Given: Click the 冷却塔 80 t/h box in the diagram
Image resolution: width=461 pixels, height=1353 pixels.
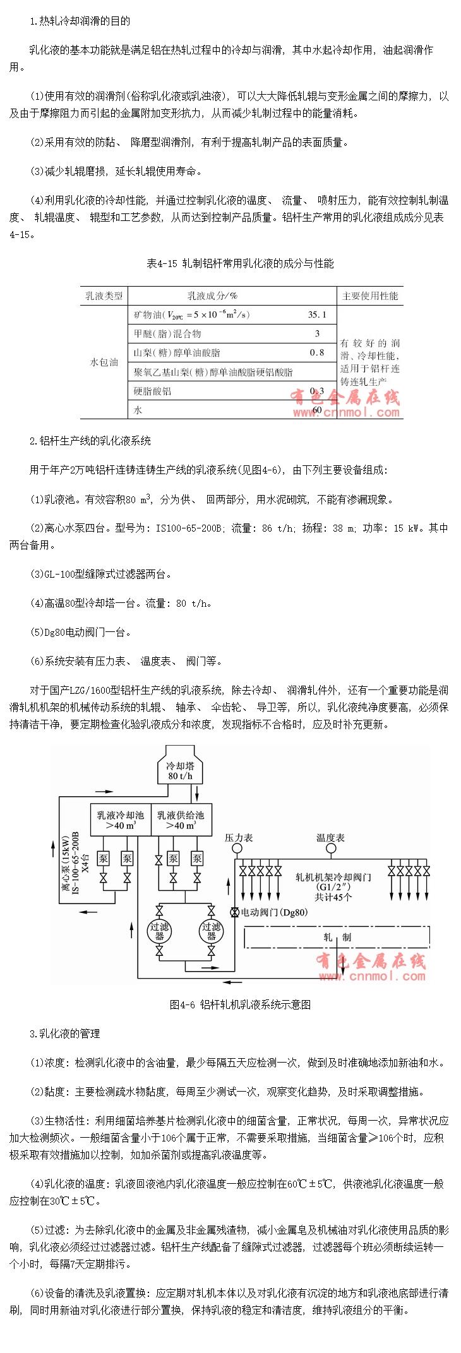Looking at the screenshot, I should [179, 771].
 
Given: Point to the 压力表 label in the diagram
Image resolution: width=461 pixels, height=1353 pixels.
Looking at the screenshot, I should [239, 838].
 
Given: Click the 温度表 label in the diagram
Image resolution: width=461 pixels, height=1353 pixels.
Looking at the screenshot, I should [330, 838].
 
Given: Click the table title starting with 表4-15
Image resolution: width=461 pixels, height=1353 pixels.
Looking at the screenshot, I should [240, 263].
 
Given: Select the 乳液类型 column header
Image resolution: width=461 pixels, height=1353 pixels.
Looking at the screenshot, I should [104, 295].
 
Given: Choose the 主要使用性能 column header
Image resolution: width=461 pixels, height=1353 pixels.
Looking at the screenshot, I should [370, 295].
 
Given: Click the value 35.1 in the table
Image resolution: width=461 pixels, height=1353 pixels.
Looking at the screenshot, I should [317, 314].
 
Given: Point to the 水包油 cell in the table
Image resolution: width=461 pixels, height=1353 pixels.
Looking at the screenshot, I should [104, 362].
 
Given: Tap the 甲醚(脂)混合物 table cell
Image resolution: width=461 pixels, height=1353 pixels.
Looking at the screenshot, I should [167, 333].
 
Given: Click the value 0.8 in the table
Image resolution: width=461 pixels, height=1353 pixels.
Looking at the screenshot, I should [317, 352].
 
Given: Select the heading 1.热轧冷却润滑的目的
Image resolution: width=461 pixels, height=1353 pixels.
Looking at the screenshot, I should [80, 21].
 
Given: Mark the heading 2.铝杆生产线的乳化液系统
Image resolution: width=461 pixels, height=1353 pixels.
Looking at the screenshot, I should [90, 441].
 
